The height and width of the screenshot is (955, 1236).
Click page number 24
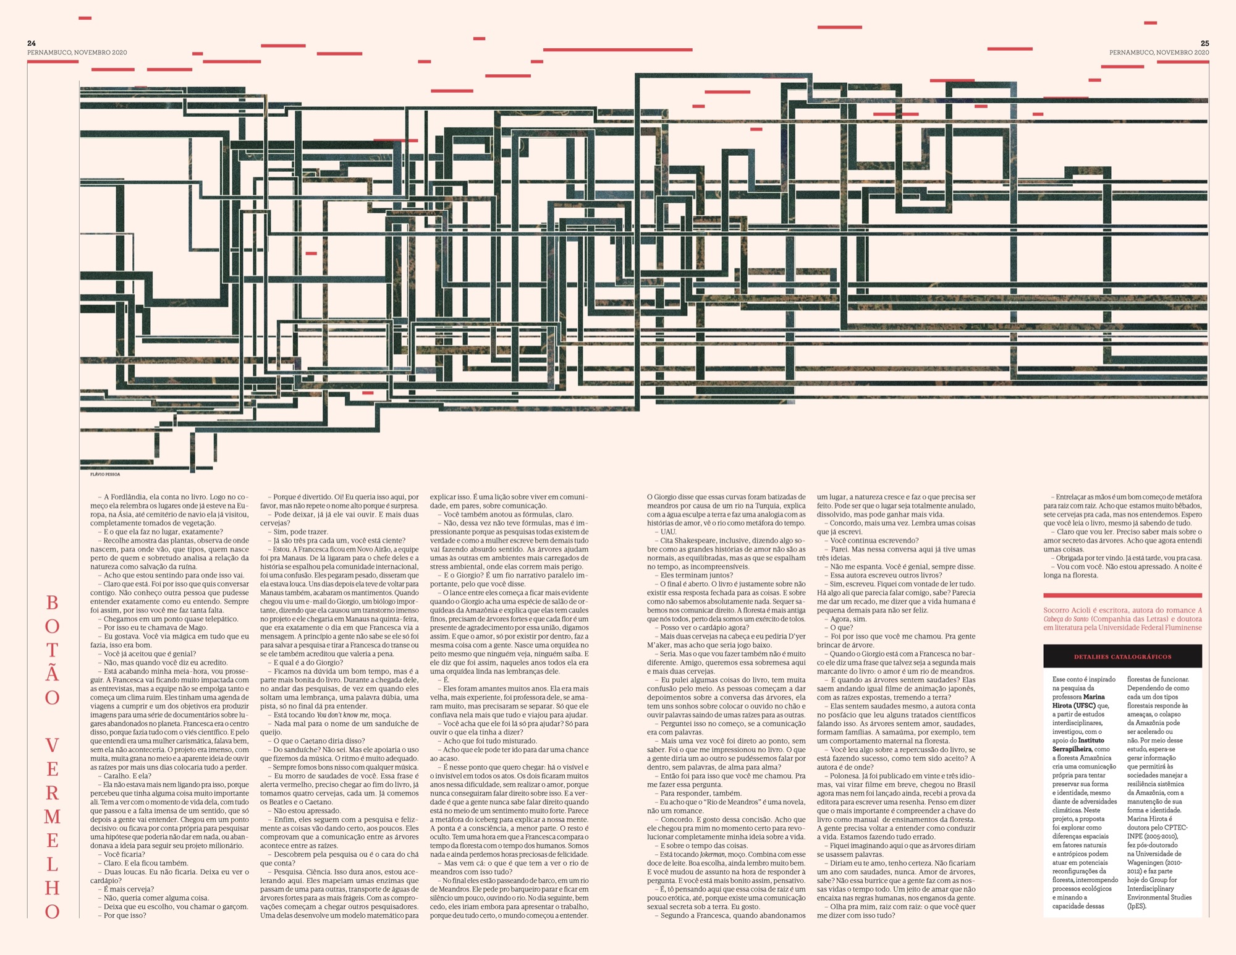[x=32, y=43]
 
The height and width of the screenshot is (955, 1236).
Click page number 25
[x=1204, y=43]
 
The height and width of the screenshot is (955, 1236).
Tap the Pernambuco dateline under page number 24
[x=77, y=53]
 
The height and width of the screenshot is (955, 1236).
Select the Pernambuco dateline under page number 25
[x=1159, y=53]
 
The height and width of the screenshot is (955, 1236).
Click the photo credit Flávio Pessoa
[x=105, y=474]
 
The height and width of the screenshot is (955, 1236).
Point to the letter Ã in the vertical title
[x=53, y=673]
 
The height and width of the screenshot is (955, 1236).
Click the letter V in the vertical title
[x=53, y=745]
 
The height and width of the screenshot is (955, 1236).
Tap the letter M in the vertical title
[x=53, y=817]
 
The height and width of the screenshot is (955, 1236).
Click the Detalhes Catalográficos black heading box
[x=1122, y=656]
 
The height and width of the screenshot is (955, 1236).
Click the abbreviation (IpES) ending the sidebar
[x=1137, y=906]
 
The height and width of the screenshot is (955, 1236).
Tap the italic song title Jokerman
[x=712, y=854]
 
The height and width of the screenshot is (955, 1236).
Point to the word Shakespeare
[x=699, y=540]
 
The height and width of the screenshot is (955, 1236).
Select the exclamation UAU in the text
[x=668, y=532]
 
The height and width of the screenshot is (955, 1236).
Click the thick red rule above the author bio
[x=1122, y=595]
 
